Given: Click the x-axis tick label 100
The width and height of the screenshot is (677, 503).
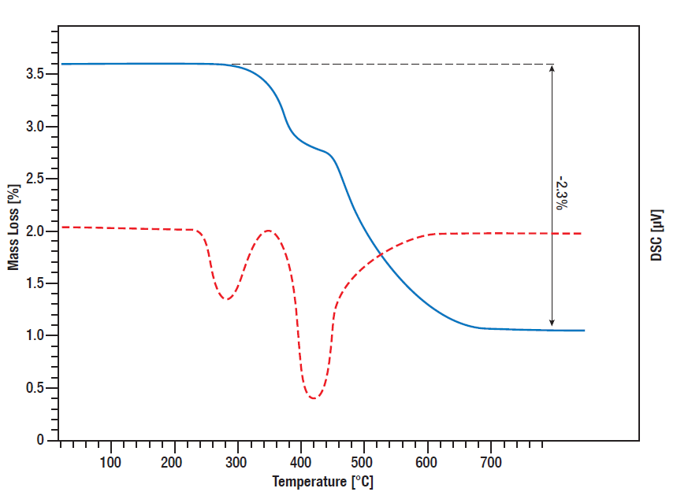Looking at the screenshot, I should [111, 462].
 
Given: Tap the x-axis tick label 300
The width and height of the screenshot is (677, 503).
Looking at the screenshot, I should [237, 462].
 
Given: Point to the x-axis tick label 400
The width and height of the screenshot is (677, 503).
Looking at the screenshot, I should [301, 462].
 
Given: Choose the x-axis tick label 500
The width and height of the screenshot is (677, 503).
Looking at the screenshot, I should [364, 462].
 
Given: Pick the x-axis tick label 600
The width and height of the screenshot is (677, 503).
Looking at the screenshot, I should [427, 462].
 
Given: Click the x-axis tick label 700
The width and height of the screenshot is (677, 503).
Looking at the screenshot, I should [490, 462].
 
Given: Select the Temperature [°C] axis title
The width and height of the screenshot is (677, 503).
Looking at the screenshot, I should [322, 482].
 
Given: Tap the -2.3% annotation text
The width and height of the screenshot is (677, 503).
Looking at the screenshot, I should [560, 192].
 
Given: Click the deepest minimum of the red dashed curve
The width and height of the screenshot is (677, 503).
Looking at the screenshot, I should [314, 398].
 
